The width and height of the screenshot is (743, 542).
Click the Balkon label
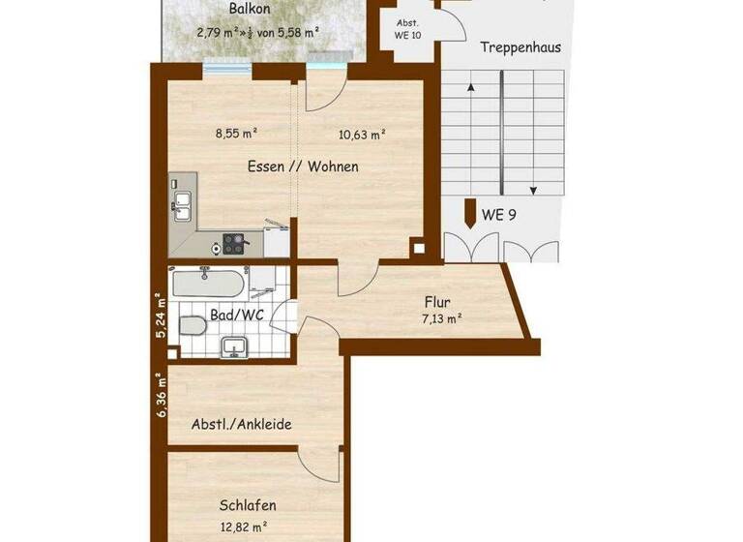[x=249, y=10]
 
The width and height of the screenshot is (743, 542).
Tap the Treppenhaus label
[x=520, y=46]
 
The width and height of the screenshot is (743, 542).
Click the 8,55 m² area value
[x=236, y=135]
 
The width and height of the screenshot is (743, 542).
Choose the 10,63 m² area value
[x=363, y=135]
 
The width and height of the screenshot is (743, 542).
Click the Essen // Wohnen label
[x=303, y=166]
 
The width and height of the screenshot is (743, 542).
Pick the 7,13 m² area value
[x=440, y=317]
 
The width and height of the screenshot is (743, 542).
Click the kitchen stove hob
[x=235, y=243]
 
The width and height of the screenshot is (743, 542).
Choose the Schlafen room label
[x=248, y=505]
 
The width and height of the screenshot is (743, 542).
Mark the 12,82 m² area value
[x=248, y=527]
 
